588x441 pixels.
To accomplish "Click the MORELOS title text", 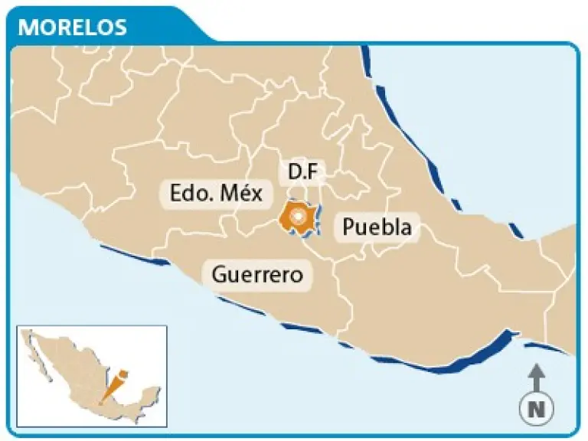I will [x=72, y=27].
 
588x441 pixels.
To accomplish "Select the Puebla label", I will [x=377, y=227].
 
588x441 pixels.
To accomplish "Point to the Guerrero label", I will [x=256, y=273].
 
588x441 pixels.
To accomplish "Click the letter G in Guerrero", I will [x=218, y=273].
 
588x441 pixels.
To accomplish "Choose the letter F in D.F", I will [x=312, y=172].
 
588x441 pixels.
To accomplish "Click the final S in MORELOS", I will [x=119, y=27].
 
